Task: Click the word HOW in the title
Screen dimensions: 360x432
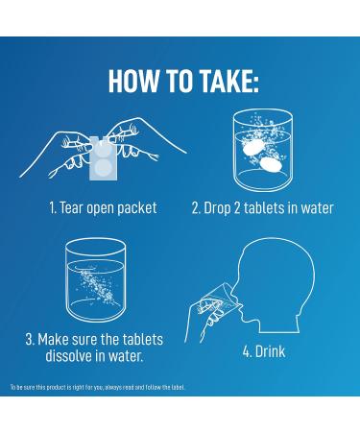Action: tap(133, 81)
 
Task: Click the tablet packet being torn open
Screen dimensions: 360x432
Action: tap(102, 158)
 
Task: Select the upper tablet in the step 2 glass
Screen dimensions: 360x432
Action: tap(253, 148)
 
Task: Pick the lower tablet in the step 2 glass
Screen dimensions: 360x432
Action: tap(270, 165)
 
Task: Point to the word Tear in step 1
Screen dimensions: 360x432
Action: tap(71, 207)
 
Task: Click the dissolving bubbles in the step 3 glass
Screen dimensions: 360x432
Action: tap(96, 285)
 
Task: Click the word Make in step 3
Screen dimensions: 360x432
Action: tap(53, 339)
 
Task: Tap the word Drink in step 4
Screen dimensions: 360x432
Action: tap(270, 351)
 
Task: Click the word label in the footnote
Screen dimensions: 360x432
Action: tap(178, 387)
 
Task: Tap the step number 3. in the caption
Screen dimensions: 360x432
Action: tap(31, 339)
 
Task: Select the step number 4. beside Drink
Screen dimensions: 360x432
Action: tap(248, 351)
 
